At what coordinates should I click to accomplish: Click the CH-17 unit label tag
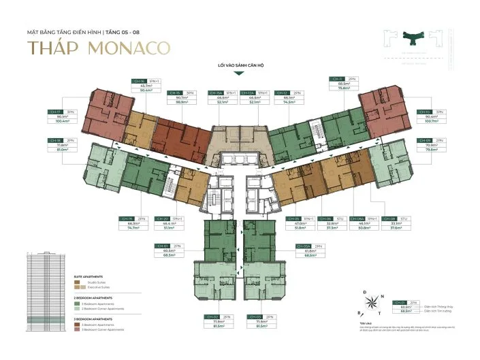[55, 112]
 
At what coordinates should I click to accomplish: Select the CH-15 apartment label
[174, 93]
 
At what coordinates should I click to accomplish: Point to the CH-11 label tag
[337, 79]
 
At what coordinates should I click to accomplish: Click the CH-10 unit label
[424, 112]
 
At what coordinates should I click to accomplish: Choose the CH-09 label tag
[424, 140]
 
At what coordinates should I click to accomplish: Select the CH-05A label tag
[303, 245]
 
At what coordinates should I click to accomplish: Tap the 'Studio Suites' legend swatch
[77, 282]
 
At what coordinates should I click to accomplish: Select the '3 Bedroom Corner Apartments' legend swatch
[77, 329]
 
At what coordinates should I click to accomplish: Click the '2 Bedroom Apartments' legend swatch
[77, 304]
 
